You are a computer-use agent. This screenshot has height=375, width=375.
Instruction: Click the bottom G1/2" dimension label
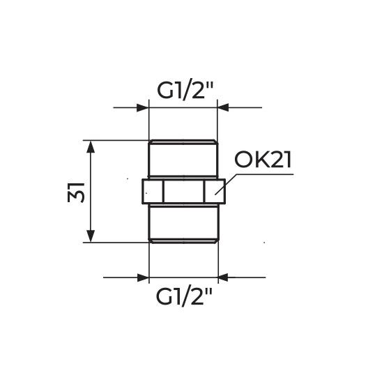click(183, 297)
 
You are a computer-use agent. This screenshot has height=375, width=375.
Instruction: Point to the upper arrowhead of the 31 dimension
click(90, 146)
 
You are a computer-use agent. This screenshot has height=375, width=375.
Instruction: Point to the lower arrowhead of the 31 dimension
click(90, 236)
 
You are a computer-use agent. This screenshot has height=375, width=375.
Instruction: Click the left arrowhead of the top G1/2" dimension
click(143, 108)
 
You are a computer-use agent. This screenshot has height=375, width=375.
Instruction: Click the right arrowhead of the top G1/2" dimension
click(224, 108)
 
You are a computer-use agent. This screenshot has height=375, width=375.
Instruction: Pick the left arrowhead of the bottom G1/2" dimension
click(143, 277)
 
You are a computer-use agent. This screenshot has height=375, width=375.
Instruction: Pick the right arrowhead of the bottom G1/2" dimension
click(224, 277)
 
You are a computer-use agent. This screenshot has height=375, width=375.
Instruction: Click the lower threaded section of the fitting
click(184, 223)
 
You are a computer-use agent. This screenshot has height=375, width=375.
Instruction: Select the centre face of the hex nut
click(184, 191)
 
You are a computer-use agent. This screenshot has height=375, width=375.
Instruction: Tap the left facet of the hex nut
click(153, 191)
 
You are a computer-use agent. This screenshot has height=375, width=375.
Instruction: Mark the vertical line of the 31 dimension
click(90, 192)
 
